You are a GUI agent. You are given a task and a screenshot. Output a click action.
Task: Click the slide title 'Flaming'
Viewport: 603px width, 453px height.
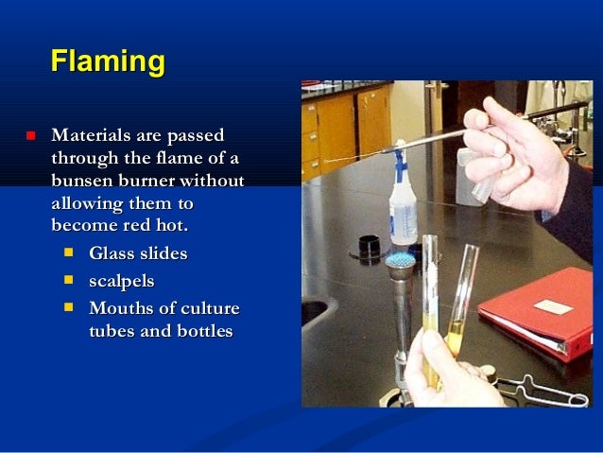108,62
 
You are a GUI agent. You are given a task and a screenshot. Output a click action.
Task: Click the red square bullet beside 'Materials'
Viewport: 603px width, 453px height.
30,136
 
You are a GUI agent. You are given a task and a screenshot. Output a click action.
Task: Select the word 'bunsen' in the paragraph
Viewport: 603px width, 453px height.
86,181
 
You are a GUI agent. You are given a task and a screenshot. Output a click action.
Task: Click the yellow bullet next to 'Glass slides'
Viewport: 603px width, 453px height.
69,253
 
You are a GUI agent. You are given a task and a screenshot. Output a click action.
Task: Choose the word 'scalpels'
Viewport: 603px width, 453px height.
121,281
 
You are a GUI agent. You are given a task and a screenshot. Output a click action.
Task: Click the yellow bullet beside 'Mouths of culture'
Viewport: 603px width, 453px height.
69,307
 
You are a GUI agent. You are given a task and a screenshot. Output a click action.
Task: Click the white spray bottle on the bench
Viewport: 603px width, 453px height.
404,203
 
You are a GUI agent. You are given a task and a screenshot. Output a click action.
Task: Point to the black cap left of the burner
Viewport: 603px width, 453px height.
369,248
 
